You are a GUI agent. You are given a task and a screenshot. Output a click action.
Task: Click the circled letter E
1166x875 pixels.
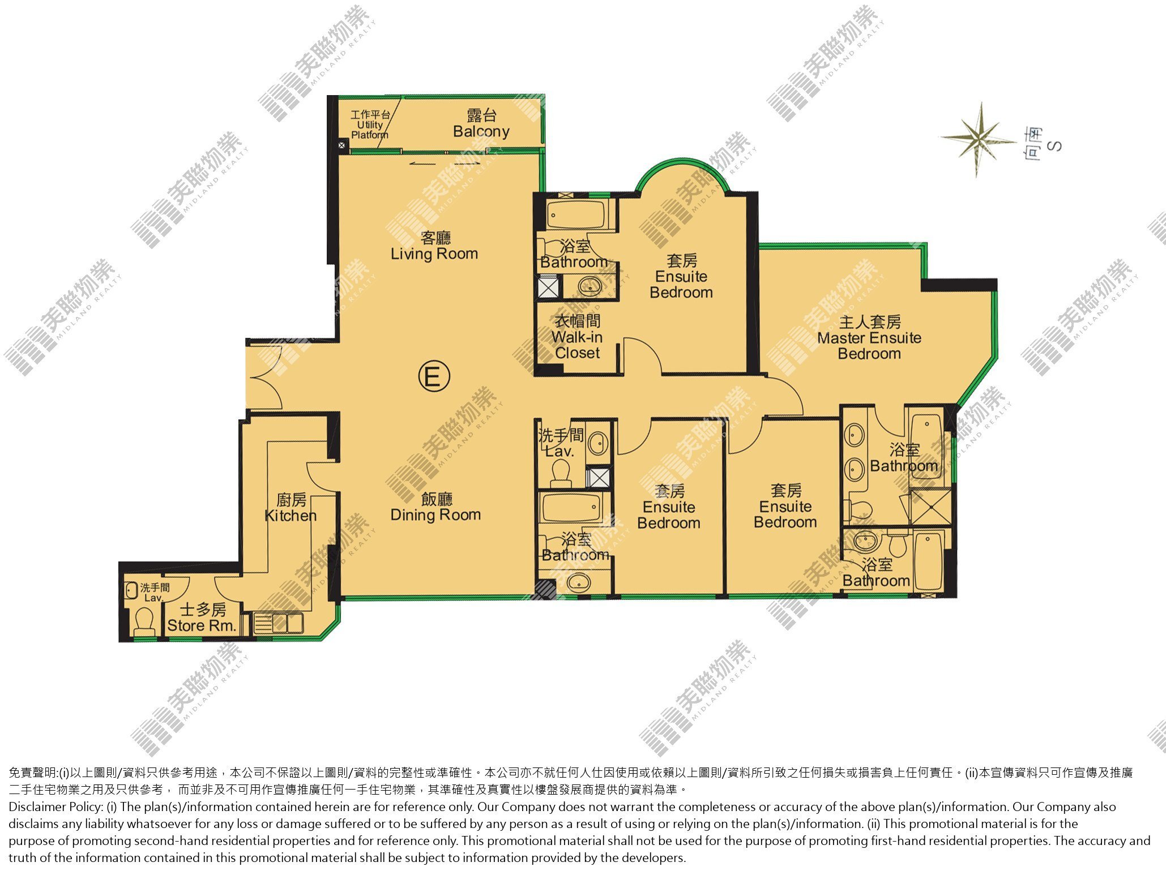coord(434,377)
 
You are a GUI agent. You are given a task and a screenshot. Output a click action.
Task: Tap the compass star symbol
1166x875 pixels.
coord(979,138)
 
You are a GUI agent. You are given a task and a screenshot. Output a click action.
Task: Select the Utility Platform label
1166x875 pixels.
coord(370,125)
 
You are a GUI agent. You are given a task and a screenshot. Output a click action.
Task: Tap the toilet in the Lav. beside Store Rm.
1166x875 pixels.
coord(144,621)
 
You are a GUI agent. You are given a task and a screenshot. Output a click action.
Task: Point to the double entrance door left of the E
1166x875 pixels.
coord(264,376)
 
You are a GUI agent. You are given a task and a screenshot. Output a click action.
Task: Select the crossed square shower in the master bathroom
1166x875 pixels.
coord(930,507)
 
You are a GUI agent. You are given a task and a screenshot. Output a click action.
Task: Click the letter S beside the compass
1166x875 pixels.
coord(1054,146)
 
